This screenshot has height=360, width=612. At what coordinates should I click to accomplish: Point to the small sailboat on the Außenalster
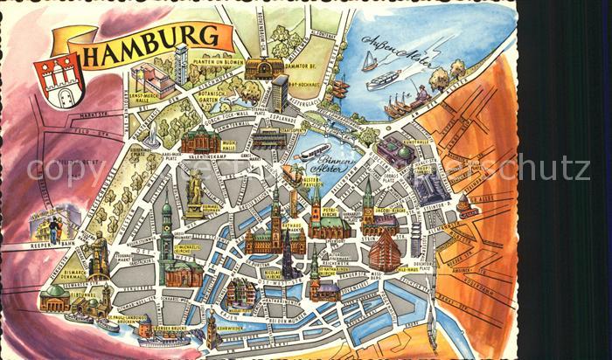tap(370, 62)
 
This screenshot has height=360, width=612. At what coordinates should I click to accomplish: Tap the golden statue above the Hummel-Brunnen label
tap(194, 189)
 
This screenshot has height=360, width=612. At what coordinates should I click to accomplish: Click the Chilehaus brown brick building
tap(382, 249)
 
